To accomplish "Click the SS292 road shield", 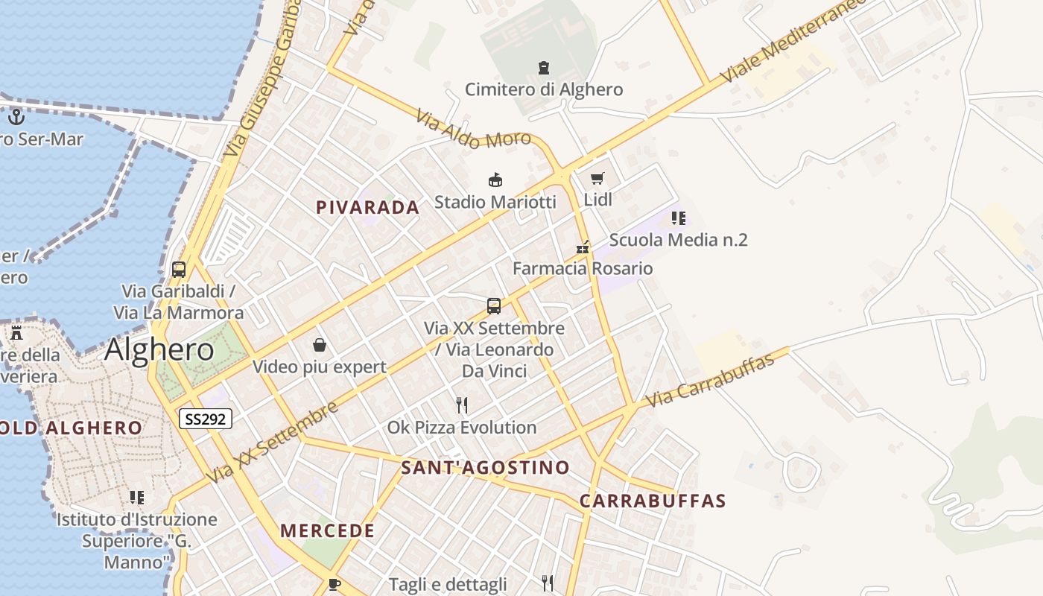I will pyautogui.click(x=206, y=419).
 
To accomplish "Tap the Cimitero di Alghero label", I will pyautogui.click(x=544, y=89).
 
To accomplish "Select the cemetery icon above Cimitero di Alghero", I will pyautogui.click(x=544, y=68).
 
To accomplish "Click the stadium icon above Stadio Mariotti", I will pyautogui.click(x=495, y=180).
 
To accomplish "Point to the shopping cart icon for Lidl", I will pyautogui.click(x=597, y=178).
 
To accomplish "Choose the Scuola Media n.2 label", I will pyautogui.click(x=678, y=240).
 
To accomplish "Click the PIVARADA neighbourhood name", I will pyautogui.click(x=368, y=208).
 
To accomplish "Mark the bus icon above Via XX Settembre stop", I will pyautogui.click(x=494, y=305).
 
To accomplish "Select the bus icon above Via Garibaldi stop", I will pyautogui.click(x=179, y=269).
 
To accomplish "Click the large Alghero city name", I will pyautogui.click(x=159, y=349).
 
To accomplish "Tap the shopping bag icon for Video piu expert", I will pyautogui.click(x=320, y=345).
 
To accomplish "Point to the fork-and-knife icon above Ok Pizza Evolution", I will pyautogui.click(x=462, y=405).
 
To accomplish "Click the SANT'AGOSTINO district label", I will pyautogui.click(x=485, y=468).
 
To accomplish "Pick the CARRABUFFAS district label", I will pyautogui.click(x=653, y=501).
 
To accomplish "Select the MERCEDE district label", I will pyautogui.click(x=327, y=531).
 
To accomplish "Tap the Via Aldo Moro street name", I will pyautogui.click(x=473, y=130).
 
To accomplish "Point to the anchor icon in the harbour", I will pyautogui.click(x=16, y=116).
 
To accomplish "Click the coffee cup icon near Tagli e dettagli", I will pyautogui.click(x=335, y=583).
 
